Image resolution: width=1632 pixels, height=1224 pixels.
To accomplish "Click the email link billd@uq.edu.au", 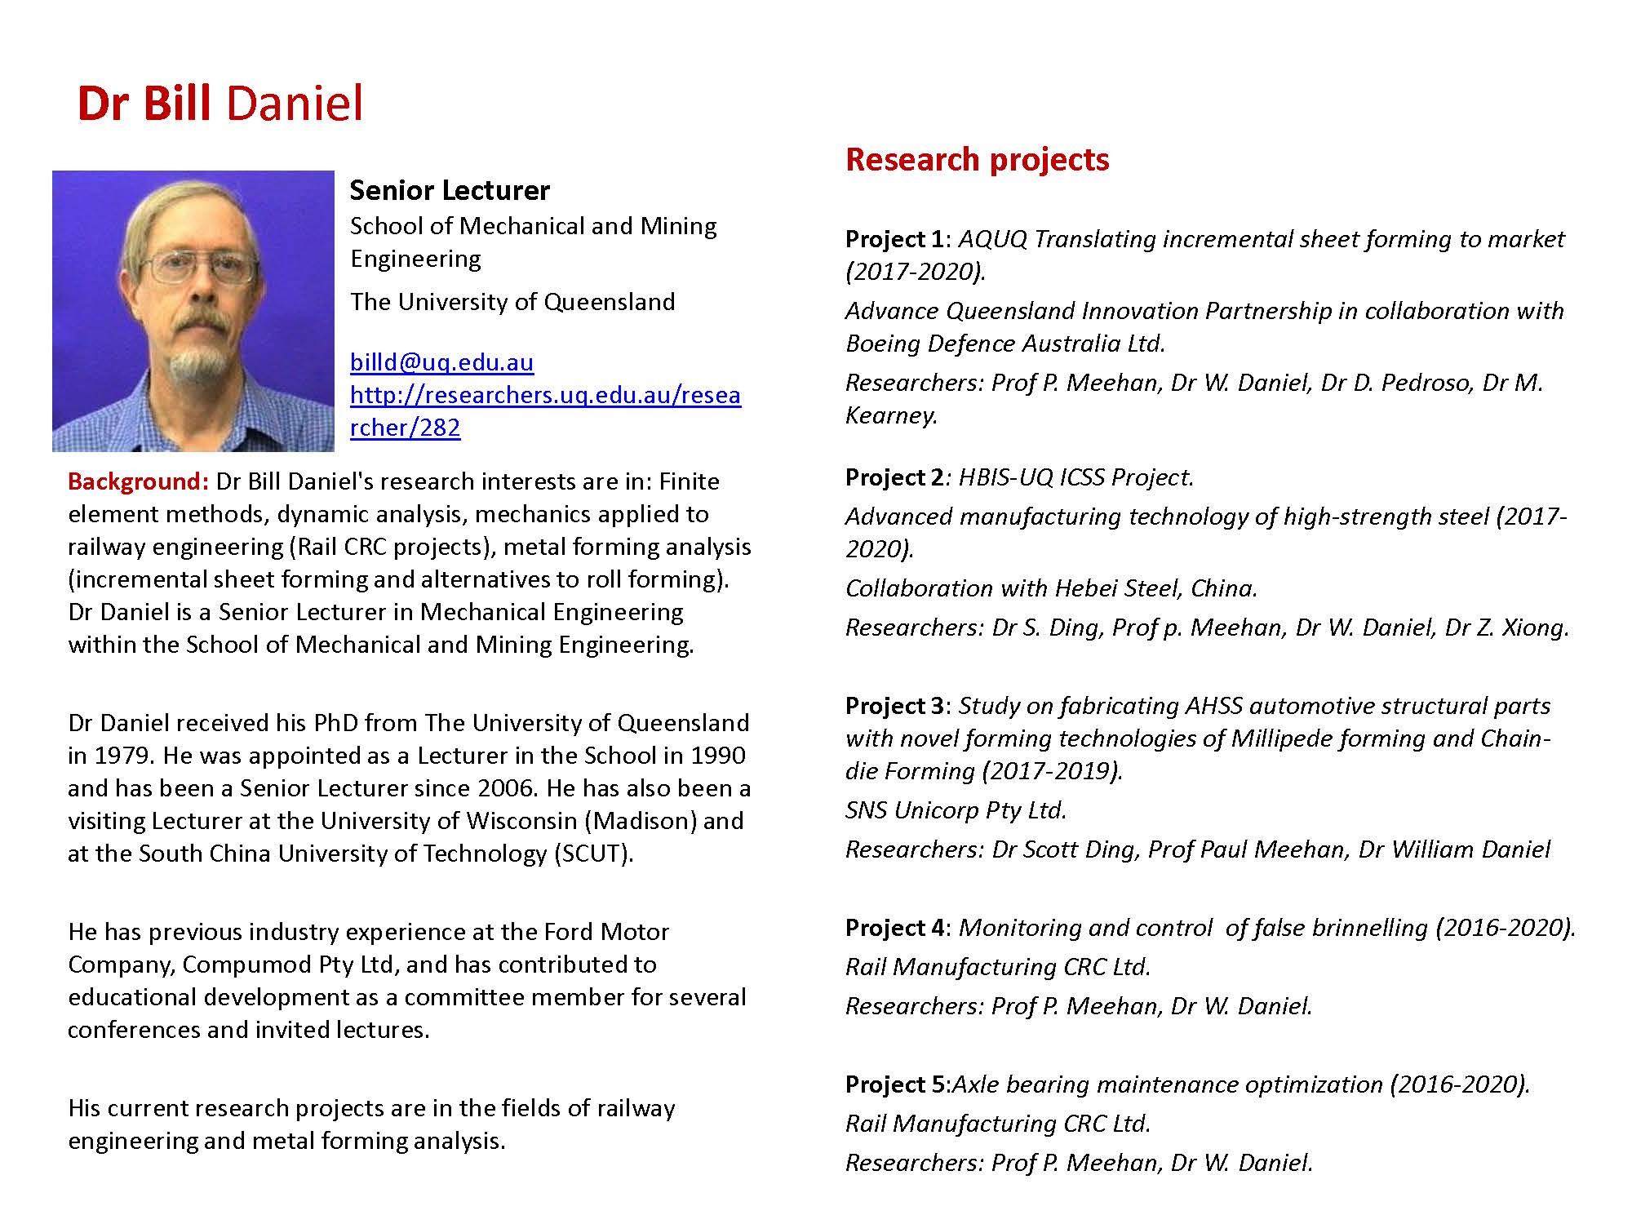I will pyautogui.click(x=441, y=362).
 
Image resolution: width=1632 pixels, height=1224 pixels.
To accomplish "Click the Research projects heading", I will pyautogui.click(x=977, y=159).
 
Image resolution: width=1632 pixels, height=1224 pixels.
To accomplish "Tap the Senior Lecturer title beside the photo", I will pyautogui.click(x=450, y=190).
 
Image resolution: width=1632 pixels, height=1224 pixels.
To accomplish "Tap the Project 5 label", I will pyautogui.click(x=896, y=1084).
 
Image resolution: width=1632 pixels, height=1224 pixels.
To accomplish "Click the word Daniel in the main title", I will pyautogui.click(x=294, y=104).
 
